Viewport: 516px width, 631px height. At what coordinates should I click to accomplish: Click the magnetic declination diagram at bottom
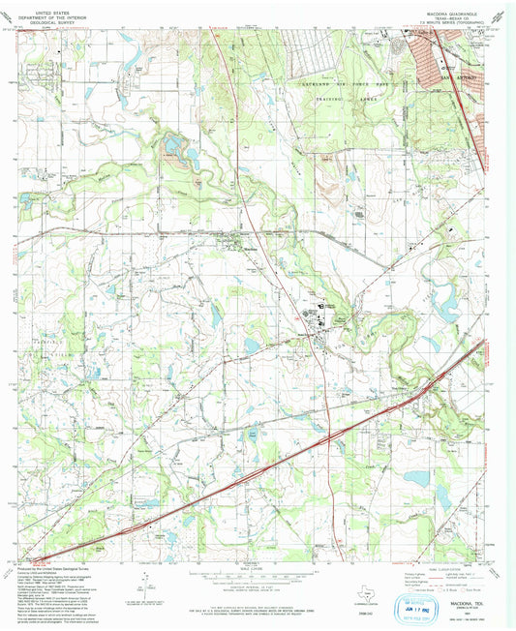tap(145, 586)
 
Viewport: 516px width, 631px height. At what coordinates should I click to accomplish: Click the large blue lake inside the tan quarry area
tap(173, 148)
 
